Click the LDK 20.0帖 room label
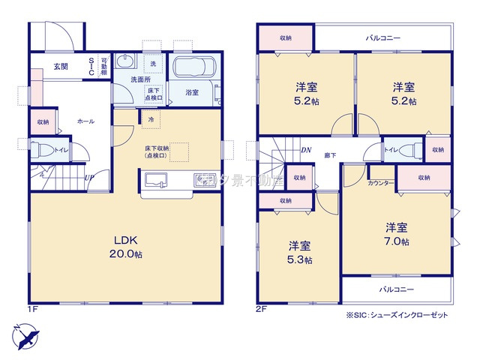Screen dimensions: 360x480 [x=127, y=247]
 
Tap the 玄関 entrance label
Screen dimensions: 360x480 [x=61, y=66]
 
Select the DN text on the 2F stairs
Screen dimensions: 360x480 [x=306, y=150]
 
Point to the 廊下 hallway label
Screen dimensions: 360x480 [x=331, y=155]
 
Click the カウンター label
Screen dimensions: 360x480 [x=381, y=183]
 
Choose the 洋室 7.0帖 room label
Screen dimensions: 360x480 [x=397, y=234]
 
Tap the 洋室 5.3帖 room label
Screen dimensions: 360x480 [x=300, y=252]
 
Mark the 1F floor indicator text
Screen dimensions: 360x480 [x=34, y=307]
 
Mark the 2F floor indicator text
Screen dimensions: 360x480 [x=262, y=307]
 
